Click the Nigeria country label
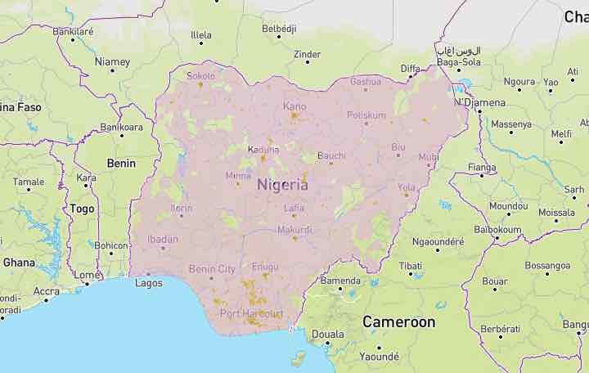282,185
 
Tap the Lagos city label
149,283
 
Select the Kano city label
294,106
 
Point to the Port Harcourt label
252,313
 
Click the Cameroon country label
399,321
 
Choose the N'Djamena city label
480,102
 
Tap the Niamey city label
112,62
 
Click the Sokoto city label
201,76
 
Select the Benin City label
212,268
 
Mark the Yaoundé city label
379,357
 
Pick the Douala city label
327,334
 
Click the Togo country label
82,209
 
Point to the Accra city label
46,291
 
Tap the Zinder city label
307,55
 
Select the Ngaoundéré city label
438,242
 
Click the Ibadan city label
162,239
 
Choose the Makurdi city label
294,230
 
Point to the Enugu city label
265,267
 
